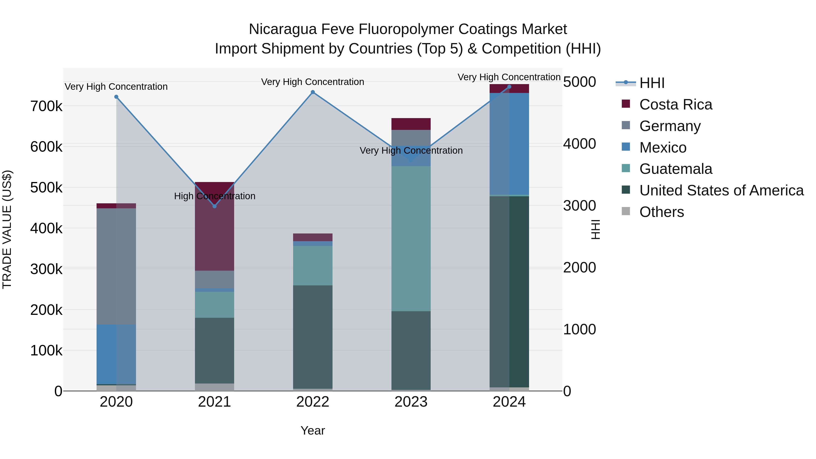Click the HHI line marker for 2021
(214, 206)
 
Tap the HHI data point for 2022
(313, 92)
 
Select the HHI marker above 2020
(116, 97)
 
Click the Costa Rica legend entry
(675, 104)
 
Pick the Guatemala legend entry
(675, 169)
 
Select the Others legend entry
(661, 212)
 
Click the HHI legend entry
(652, 83)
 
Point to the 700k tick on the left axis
(46, 107)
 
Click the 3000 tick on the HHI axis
(579, 206)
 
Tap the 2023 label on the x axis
(411, 402)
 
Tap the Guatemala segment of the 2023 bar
(411, 238)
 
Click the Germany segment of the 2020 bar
(116, 266)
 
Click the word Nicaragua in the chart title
(283, 29)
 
